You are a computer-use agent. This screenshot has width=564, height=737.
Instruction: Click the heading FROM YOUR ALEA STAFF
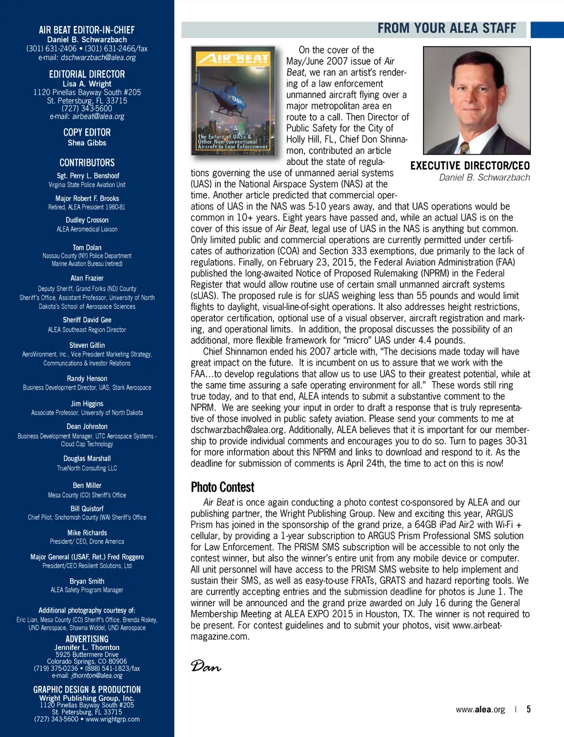(x=447, y=29)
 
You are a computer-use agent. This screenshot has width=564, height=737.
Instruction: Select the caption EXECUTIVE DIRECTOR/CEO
(x=470, y=166)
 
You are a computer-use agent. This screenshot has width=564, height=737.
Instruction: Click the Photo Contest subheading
(x=223, y=487)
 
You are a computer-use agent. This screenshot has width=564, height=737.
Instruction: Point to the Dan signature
(x=206, y=667)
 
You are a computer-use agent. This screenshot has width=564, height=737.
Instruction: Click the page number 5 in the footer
(x=528, y=709)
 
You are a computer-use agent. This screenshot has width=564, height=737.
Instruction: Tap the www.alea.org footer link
(x=480, y=709)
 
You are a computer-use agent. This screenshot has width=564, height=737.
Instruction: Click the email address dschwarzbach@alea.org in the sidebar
(x=98, y=57)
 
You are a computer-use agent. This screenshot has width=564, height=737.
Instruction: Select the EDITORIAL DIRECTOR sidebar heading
(x=87, y=74)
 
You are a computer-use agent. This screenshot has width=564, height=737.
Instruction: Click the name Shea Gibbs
(x=87, y=143)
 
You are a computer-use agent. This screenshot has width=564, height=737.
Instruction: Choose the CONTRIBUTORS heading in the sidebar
(x=87, y=163)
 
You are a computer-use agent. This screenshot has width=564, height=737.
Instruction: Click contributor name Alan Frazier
(x=87, y=278)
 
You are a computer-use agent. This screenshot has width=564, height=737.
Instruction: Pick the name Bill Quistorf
(x=87, y=509)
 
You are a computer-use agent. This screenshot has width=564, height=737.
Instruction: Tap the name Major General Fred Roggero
(x=87, y=557)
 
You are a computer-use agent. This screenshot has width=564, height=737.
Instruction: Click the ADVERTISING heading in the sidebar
(x=87, y=639)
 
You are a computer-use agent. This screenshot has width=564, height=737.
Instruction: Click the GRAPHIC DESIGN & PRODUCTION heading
(x=87, y=690)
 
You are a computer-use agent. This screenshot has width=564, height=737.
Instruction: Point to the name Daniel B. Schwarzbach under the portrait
(x=484, y=177)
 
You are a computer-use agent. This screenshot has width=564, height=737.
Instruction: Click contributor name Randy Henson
(x=87, y=379)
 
